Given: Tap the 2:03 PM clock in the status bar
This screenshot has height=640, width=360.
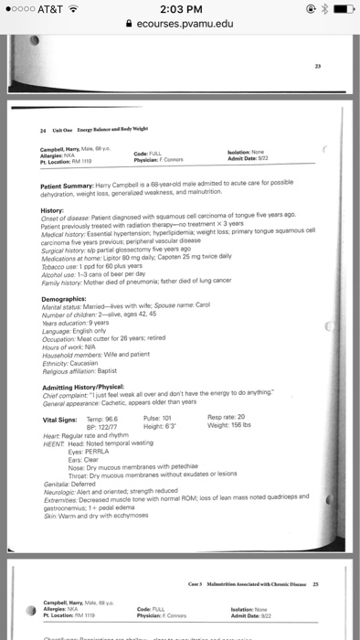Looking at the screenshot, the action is tap(180, 8).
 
